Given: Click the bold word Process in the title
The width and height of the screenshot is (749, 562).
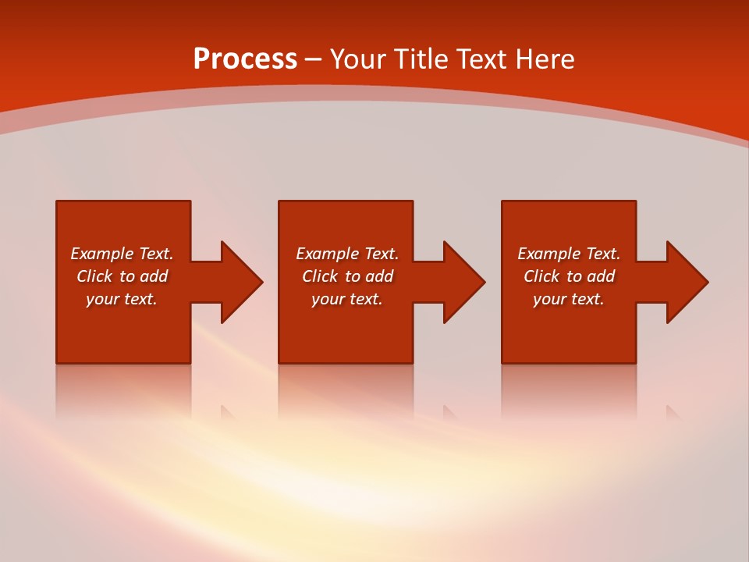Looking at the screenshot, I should pyautogui.click(x=245, y=59).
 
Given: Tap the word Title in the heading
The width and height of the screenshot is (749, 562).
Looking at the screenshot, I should pyautogui.click(x=421, y=59).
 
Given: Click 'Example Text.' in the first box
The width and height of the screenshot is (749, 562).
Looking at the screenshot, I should pyautogui.click(x=122, y=254).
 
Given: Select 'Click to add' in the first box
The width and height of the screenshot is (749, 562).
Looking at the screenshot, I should pyautogui.click(x=122, y=276).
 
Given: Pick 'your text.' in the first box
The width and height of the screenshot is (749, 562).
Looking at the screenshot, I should pyautogui.click(x=122, y=299).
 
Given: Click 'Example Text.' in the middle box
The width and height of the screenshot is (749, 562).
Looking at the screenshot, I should pyautogui.click(x=347, y=254).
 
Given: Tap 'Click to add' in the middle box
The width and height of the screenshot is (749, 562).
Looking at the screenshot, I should pyautogui.click(x=347, y=276).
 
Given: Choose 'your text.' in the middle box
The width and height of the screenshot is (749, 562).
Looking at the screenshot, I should pyautogui.click(x=347, y=299).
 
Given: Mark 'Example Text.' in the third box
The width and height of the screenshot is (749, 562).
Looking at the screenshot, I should pyautogui.click(x=569, y=254).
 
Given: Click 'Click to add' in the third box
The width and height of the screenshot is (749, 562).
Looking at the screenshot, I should pyautogui.click(x=569, y=276).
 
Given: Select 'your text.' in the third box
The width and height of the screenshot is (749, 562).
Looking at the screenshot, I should pyautogui.click(x=569, y=299).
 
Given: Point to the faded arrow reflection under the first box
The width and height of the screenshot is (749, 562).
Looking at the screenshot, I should pyautogui.click(x=228, y=413).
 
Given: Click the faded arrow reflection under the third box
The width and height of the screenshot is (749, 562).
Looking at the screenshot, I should pyautogui.click(x=673, y=413).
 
